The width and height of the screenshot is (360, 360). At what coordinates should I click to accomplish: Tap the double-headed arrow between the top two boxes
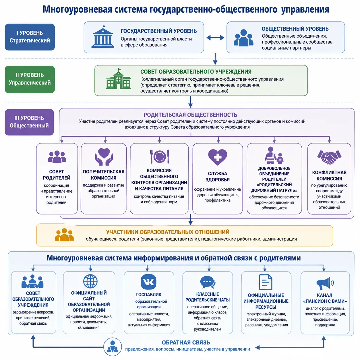[x=215, y=38]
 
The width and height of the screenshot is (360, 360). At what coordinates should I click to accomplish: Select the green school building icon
[x=118, y=79]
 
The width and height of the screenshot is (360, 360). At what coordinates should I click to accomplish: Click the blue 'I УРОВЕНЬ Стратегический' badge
[x=30, y=37]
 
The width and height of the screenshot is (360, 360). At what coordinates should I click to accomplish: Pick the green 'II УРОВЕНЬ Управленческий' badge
[x=30, y=79]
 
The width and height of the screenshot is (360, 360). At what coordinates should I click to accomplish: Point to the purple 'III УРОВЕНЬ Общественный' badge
[x=29, y=122]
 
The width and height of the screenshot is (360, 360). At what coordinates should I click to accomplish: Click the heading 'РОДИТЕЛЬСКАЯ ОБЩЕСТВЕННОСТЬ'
[x=190, y=115]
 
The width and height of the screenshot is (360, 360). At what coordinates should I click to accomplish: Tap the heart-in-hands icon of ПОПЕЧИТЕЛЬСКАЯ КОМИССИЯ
[x=104, y=157]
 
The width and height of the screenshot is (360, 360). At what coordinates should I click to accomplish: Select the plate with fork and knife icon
[x=160, y=156]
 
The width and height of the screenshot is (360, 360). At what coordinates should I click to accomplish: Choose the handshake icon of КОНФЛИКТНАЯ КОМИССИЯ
[x=329, y=157]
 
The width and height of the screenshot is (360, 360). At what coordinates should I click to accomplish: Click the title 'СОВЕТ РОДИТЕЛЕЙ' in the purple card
[x=57, y=175]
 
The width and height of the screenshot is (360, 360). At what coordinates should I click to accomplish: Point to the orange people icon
[x=64, y=235]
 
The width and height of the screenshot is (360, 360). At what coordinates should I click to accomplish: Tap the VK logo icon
[x=148, y=282]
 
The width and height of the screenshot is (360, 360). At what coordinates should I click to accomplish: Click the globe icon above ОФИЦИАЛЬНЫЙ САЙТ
[x=90, y=281]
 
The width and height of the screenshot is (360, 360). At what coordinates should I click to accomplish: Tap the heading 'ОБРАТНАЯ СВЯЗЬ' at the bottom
[x=186, y=342]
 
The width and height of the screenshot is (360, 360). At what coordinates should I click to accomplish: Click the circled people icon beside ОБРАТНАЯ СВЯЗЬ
[x=113, y=347]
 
